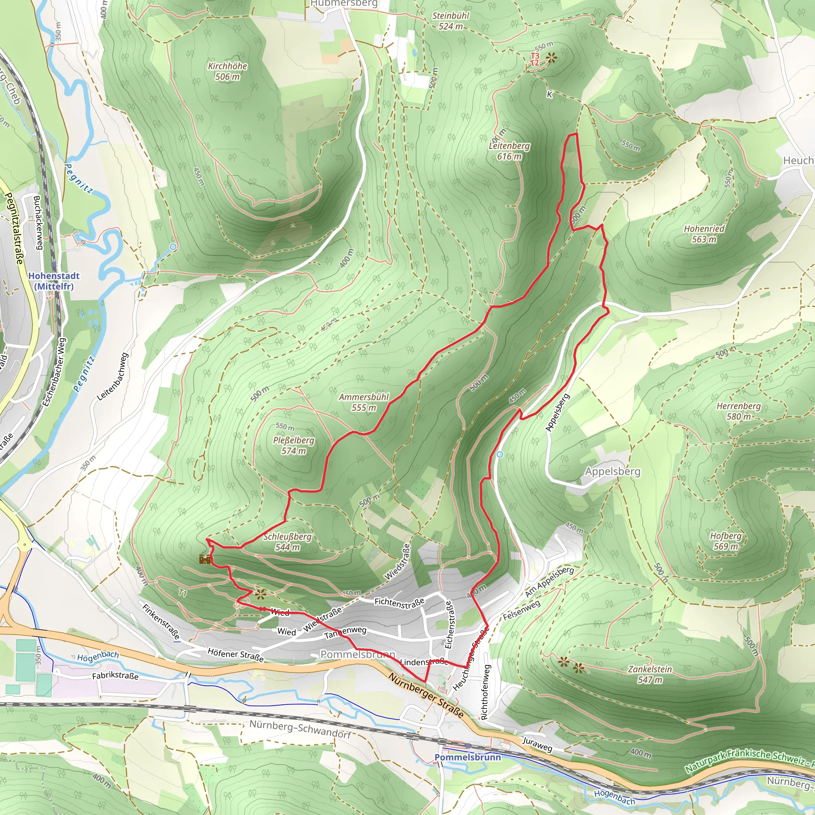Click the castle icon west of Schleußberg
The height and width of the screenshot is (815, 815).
tap(205, 560)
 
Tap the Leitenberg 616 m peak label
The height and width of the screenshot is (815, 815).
tap(509, 151)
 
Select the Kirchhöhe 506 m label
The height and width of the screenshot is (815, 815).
tap(227, 71)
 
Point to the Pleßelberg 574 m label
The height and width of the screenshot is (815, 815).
tap(294, 445)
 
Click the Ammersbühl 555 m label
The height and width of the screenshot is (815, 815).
tap(364, 402)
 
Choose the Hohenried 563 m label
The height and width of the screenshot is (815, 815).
tap(704, 234)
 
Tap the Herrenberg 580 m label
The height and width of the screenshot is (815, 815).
tap(739, 411)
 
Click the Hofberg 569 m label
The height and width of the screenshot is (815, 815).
tap(725, 541)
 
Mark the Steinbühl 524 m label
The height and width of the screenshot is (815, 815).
tap(450, 21)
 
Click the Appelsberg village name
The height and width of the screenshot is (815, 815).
tap(612, 471)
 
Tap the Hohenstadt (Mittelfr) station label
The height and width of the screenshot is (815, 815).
tap(54, 281)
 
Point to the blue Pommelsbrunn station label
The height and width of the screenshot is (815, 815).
tap(468, 757)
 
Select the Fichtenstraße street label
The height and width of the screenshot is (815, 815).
tap(400, 603)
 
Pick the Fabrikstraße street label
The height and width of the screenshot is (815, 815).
tap(115, 675)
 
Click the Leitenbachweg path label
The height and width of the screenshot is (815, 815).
tap(112, 377)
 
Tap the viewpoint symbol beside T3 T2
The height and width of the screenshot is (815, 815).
tap(550, 58)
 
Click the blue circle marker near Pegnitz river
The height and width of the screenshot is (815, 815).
tap(174, 246)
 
